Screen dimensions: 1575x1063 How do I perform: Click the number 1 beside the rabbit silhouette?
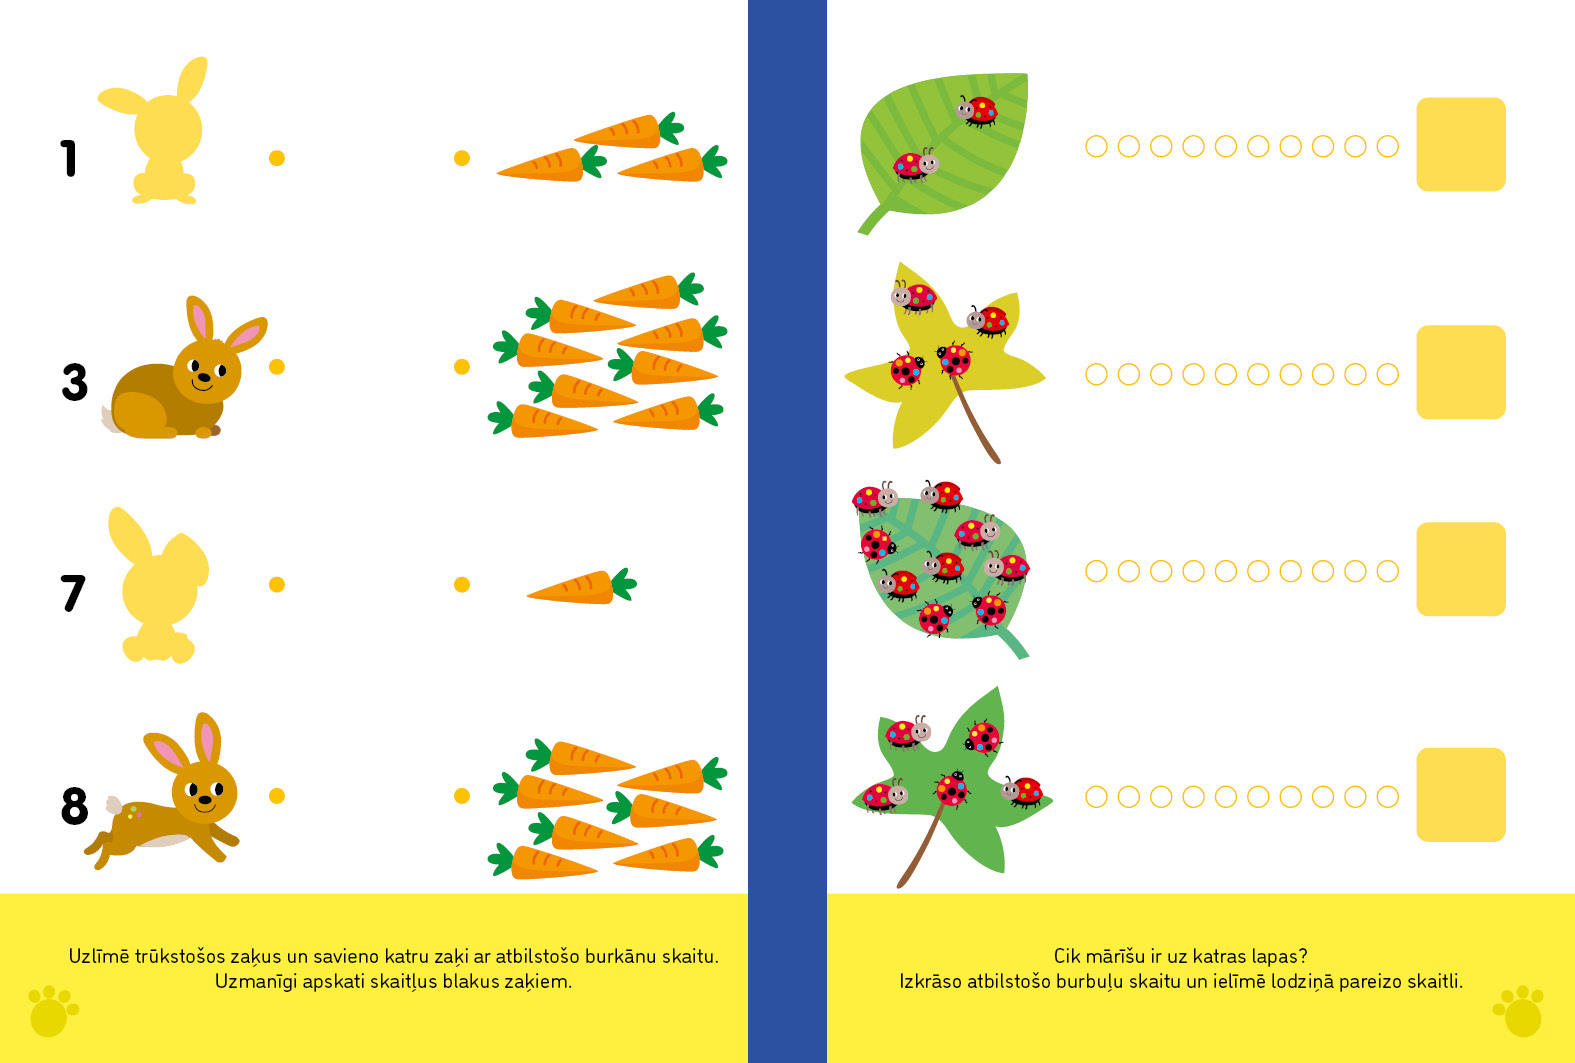point(68,158)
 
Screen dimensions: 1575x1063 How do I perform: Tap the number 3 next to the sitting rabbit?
point(75,382)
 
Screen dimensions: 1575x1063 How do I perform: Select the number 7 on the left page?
point(72,593)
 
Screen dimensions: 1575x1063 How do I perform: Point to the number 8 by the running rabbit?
point(75,806)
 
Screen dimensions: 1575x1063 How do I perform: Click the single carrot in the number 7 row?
point(581,586)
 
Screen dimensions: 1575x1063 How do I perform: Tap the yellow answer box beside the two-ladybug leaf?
point(1460,144)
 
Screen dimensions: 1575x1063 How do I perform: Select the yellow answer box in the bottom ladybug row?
point(1460,794)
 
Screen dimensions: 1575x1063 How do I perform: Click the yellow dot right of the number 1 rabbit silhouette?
point(277,158)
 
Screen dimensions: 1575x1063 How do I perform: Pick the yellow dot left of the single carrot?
point(462,584)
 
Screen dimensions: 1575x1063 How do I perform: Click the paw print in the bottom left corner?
point(53,1011)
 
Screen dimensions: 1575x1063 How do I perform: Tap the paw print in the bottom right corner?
point(1519,1011)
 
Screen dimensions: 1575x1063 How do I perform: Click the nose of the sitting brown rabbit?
point(204,378)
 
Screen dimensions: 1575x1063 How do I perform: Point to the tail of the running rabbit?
point(114,804)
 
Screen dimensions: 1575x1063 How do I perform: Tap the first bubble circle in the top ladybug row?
point(1096,146)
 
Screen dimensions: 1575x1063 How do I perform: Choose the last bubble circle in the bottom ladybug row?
point(1387,797)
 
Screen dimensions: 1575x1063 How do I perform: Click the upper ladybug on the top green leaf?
point(977,110)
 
